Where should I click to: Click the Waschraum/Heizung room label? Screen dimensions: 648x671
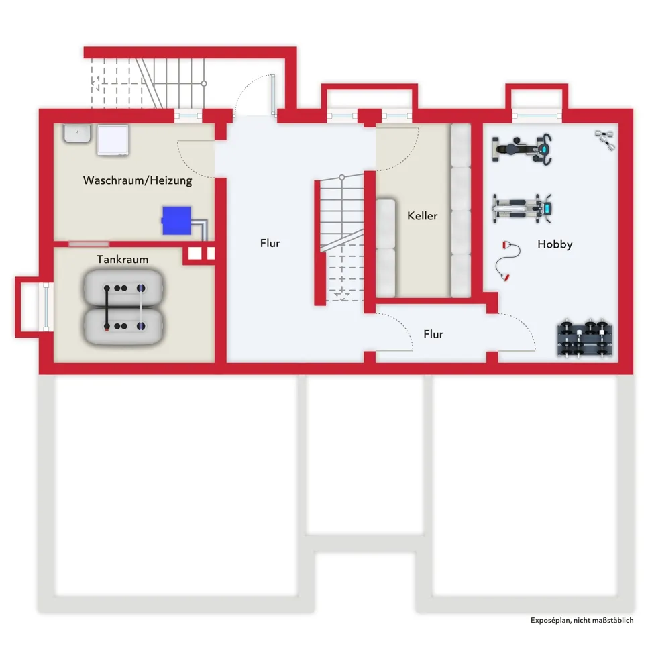point(138,180)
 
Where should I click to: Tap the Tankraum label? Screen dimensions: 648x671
point(122,259)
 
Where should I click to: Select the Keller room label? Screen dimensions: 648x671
point(422,215)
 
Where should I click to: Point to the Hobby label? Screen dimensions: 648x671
point(555,244)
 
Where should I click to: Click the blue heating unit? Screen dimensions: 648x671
point(176,220)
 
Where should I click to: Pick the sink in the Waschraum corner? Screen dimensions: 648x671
point(77,133)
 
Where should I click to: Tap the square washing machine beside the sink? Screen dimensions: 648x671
point(113,140)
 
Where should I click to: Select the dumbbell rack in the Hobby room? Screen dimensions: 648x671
point(585,338)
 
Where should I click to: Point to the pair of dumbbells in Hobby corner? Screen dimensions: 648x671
point(605,140)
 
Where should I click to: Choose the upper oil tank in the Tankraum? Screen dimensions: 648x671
point(123,288)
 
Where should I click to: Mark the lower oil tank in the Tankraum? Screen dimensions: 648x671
point(123,326)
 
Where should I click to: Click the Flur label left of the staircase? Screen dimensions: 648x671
point(270,243)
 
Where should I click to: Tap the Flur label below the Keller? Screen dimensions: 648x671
point(433,334)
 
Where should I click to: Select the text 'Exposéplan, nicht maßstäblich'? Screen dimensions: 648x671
point(582,620)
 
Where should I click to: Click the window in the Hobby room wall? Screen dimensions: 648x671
point(537,115)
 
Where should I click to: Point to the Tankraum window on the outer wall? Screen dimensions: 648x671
point(46,307)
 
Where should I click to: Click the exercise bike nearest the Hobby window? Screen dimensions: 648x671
point(522,149)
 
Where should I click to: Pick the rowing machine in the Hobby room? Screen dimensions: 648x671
point(522,209)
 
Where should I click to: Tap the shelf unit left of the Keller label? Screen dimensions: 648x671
point(385,248)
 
